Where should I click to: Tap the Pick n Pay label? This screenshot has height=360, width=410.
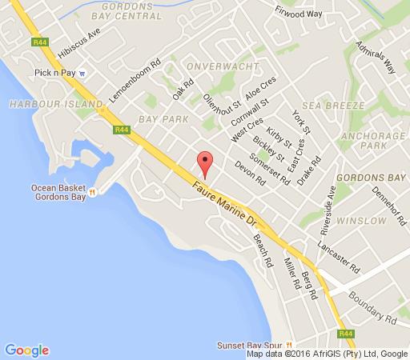pyautogui.click(x=55, y=74)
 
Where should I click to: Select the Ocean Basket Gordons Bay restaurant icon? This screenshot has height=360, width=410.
pyautogui.click(x=93, y=192)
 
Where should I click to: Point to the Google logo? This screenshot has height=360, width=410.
pyautogui.click(x=26, y=350)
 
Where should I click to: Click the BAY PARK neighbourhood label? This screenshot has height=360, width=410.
pyautogui.click(x=162, y=118)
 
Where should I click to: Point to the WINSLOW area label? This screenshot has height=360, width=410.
pyautogui.click(x=359, y=219)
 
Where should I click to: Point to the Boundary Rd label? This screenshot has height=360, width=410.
pyautogui.click(x=373, y=307)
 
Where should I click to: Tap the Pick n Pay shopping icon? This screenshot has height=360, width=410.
pyautogui.click(x=82, y=74)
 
